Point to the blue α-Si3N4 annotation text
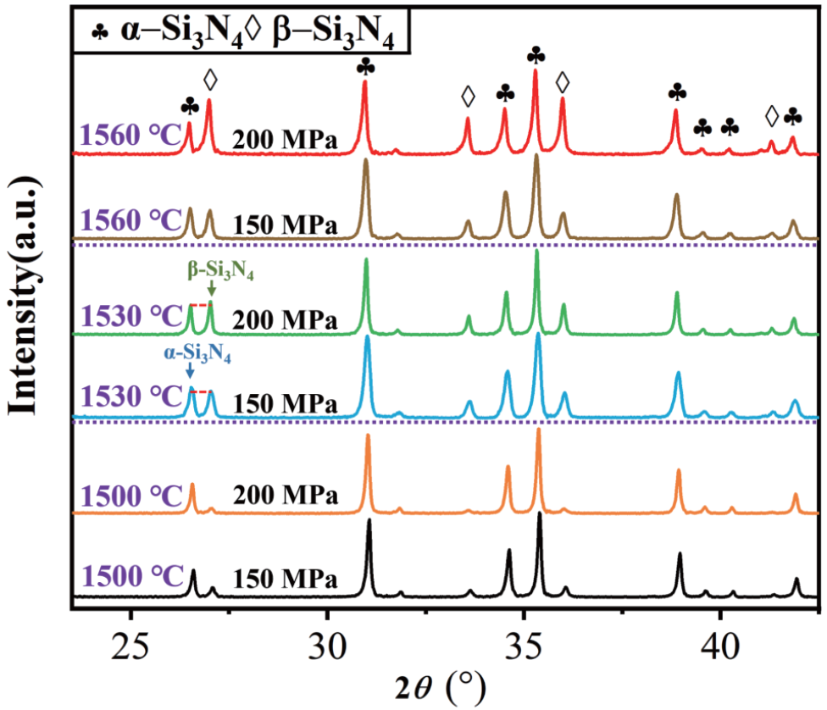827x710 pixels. click(197, 356)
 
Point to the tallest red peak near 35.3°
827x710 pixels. click(536, 73)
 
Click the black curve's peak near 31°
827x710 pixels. click(369, 521)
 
